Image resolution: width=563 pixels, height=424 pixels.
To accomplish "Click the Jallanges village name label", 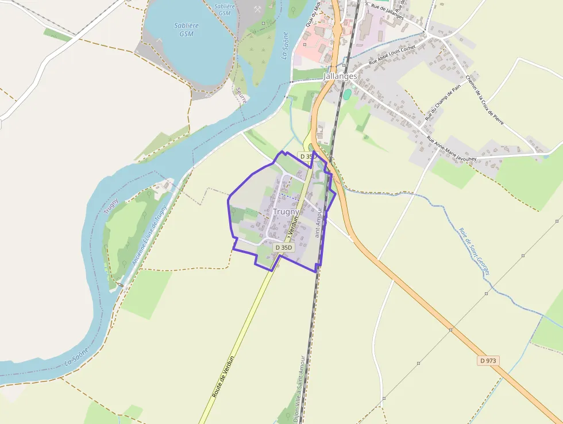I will click(x=341, y=76).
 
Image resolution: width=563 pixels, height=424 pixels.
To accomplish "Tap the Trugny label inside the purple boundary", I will click(x=286, y=212).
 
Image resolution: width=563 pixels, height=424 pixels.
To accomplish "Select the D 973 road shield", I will click(x=487, y=361).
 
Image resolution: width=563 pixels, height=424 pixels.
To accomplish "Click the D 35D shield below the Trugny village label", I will click(x=284, y=247).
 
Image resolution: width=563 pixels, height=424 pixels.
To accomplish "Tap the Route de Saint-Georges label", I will click(x=474, y=251).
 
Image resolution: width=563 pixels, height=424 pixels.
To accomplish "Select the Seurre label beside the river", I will click(x=241, y=95).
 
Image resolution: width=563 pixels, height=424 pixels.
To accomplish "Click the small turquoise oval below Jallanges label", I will click(x=347, y=94).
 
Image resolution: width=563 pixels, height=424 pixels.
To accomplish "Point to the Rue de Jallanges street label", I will click(x=387, y=12).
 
